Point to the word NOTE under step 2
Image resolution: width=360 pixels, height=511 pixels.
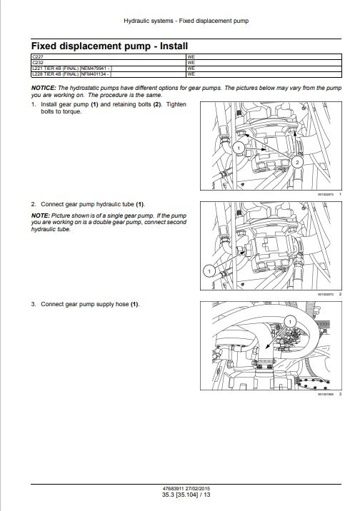pos(39,216)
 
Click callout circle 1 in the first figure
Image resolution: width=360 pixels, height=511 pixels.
pos(240,147)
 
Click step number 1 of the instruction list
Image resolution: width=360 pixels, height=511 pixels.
pos(34,105)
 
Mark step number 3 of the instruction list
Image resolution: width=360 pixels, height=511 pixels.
pos(34,304)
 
